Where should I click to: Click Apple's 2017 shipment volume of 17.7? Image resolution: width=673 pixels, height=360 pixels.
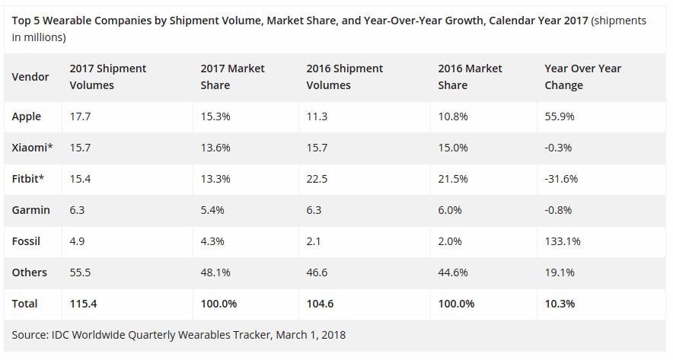click(x=80, y=116)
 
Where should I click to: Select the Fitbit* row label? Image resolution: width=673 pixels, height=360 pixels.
click(x=28, y=179)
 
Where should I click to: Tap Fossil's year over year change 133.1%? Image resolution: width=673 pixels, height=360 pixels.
click(x=562, y=241)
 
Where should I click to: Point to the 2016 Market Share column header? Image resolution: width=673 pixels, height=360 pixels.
click(x=470, y=77)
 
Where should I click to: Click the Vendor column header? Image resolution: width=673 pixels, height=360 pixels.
click(x=30, y=77)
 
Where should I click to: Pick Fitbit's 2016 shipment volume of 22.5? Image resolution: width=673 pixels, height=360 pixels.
click(x=317, y=179)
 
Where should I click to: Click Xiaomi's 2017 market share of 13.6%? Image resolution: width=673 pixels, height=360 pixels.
click(x=215, y=148)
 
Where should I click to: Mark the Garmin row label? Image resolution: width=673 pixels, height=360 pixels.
click(x=30, y=210)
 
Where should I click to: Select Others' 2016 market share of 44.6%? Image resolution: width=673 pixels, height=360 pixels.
click(x=453, y=272)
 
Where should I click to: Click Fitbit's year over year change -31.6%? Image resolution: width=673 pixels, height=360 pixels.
click(x=561, y=179)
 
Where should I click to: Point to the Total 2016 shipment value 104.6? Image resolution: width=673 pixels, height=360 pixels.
click(x=321, y=304)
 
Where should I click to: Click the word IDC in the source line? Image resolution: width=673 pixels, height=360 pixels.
click(x=63, y=334)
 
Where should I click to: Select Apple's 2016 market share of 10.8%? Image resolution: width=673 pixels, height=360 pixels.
click(x=453, y=116)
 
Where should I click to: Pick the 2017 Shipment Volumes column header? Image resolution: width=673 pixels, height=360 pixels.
click(x=107, y=77)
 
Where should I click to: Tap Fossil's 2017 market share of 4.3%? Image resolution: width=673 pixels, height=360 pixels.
click(x=212, y=241)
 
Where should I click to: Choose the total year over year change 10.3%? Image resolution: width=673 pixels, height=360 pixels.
click(x=560, y=304)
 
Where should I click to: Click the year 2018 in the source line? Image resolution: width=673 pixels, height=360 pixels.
click(x=332, y=334)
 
